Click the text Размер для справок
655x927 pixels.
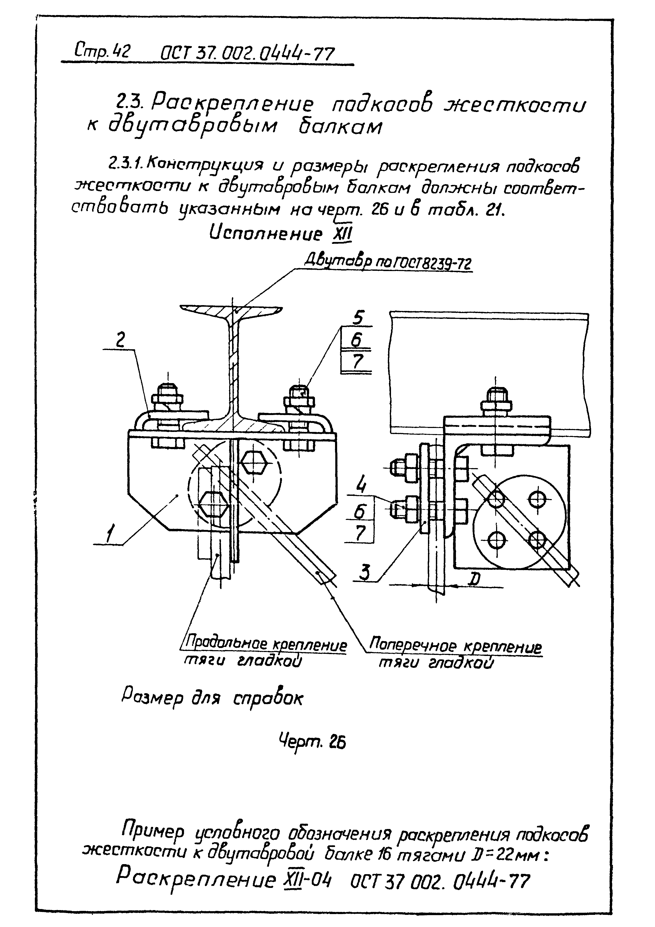[x=212, y=698]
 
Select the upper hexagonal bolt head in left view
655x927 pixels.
[x=253, y=463]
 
